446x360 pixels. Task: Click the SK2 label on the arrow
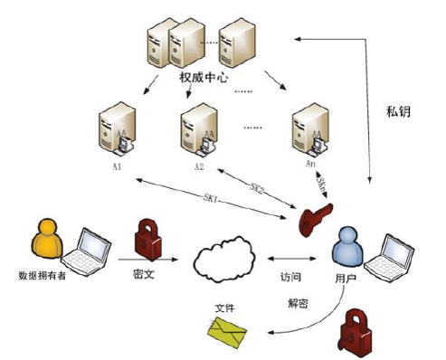(258, 188)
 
